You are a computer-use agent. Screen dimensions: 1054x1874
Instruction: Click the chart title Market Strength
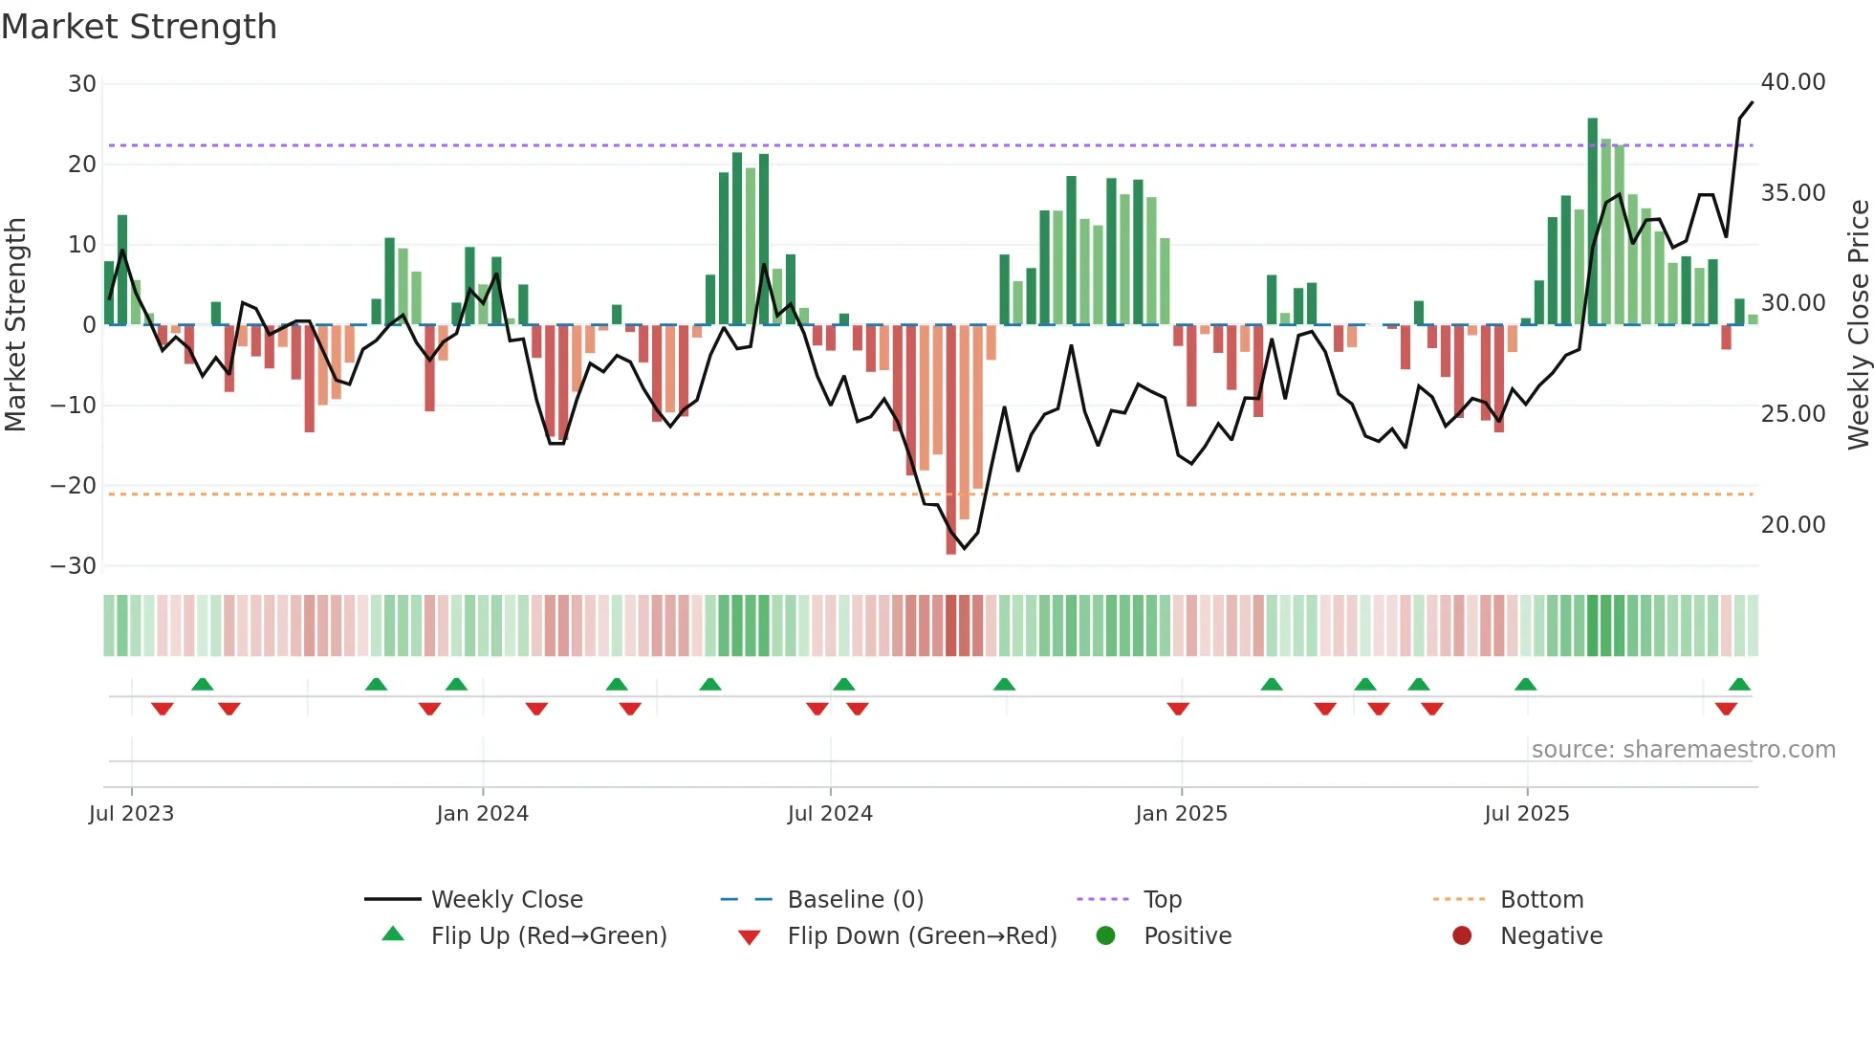[x=139, y=27]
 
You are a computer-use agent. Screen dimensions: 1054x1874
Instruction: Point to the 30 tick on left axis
[x=82, y=84]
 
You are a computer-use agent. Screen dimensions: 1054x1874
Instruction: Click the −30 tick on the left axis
[x=74, y=566]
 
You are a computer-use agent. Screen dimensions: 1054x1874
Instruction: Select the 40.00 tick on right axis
[x=1793, y=82]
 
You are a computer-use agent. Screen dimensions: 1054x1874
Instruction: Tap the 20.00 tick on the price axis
[x=1793, y=525]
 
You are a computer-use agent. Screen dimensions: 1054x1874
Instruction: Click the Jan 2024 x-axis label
[x=482, y=814]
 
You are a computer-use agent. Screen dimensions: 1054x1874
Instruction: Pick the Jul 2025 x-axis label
[x=1526, y=814]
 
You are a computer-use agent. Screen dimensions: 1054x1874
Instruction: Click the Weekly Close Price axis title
[x=1858, y=325]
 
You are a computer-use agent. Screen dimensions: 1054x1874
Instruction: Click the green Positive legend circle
[x=1106, y=936]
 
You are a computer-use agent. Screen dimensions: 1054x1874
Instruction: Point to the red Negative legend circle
[x=1462, y=936]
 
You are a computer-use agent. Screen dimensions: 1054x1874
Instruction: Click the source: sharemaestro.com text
[x=1683, y=750]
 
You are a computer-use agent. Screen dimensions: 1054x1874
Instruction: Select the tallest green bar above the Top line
[x=1592, y=220]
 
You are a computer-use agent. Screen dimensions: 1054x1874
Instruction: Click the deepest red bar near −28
[x=950, y=440]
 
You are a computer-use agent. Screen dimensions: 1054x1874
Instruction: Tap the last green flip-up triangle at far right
[x=1739, y=685]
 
